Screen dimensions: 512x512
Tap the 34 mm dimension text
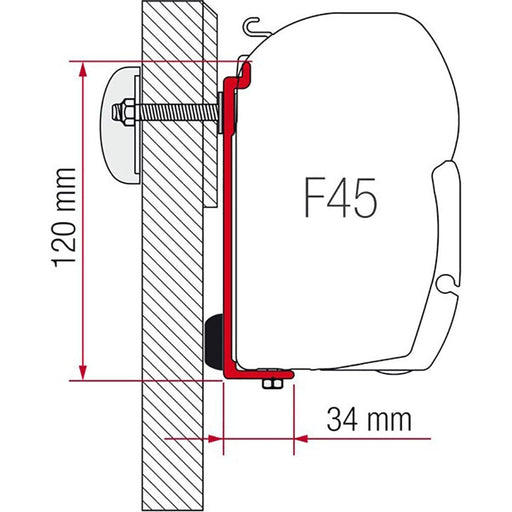(x=364, y=419)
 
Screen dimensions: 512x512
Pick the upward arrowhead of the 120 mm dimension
(x=81, y=70)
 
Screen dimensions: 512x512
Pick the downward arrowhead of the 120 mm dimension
(x=81, y=371)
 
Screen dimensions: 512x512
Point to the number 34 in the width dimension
(x=340, y=419)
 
